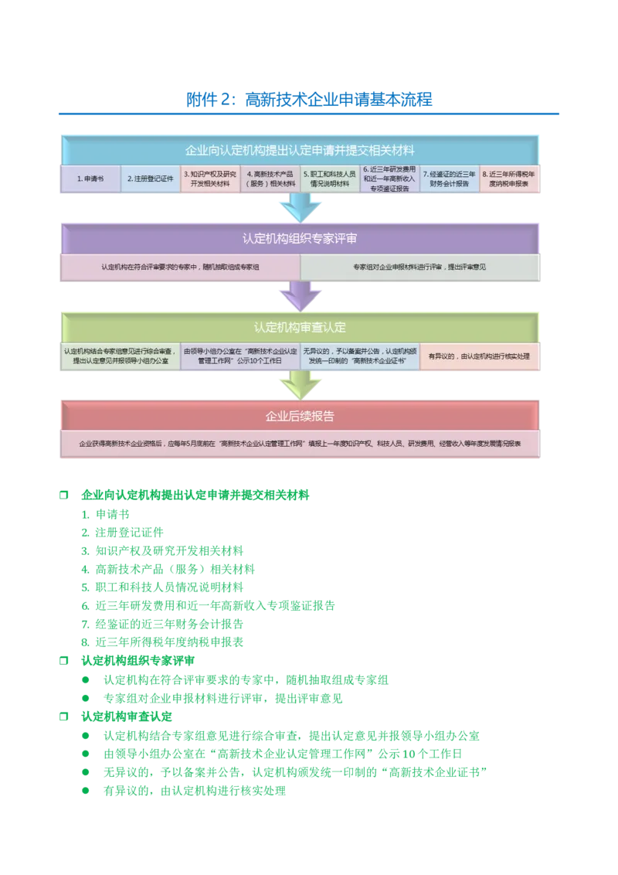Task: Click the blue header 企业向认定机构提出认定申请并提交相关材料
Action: [301, 149]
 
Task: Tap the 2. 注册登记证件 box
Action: [150, 179]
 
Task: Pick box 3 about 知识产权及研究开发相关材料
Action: [210, 179]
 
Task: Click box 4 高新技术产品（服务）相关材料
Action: [270, 179]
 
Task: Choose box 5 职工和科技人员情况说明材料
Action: [330, 179]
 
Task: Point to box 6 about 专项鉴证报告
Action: [390, 179]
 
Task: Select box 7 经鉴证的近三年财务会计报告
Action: [450, 179]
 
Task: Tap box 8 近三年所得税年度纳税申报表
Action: [510, 179]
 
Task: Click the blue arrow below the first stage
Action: [300, 207]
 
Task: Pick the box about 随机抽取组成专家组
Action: [180, 267]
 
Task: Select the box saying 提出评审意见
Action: [420, 267]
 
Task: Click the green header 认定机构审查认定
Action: [301, 327]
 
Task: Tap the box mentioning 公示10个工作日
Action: [240, 356]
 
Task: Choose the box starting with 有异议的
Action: [480, 356]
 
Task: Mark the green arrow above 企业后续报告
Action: [300, 384]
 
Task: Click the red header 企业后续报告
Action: [301, 416]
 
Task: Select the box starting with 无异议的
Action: [360, 356]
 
